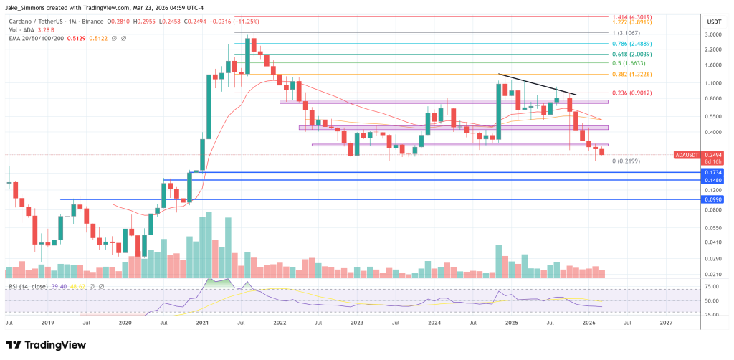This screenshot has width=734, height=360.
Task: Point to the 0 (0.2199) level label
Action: [x=626, y=161]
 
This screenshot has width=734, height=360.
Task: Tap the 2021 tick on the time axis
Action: [x=201, y=323]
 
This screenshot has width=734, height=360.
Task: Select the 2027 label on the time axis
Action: [x=666, y=323]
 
